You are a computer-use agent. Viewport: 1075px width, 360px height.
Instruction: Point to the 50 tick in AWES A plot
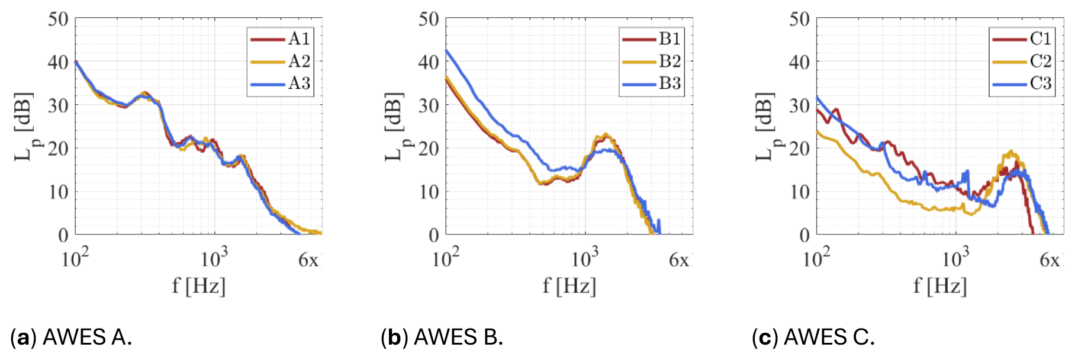click(59, 19)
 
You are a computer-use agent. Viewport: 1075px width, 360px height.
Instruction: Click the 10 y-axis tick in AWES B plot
click(429, 192)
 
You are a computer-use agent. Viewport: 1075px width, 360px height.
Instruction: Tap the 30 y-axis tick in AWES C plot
click(800, 105)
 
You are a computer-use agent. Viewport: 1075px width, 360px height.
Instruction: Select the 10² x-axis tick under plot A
click(75, 259)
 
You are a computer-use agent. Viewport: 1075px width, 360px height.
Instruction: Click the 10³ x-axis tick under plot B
click(585, 259)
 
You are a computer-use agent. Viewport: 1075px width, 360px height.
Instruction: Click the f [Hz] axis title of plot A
click(199, 286)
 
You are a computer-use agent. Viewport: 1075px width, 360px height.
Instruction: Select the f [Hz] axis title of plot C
click(940, 286)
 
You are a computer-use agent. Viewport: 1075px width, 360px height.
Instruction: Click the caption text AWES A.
click(88, 337)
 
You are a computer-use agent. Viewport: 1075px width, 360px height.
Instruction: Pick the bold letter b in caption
click(394, 337)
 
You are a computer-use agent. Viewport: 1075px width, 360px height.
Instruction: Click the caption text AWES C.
click(829, 337)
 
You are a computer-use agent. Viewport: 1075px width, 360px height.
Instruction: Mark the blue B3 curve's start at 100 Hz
click(446, 50)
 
